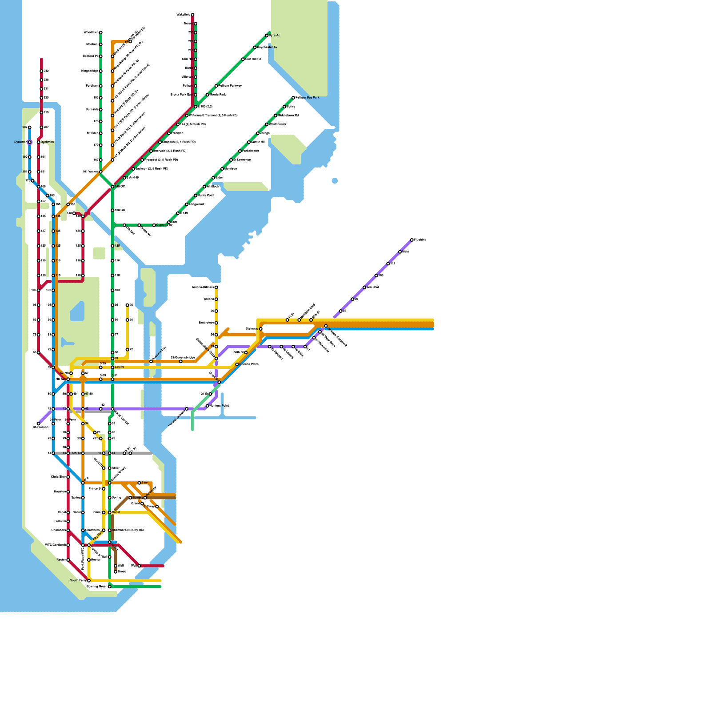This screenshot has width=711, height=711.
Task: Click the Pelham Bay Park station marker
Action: [x=293, y=98]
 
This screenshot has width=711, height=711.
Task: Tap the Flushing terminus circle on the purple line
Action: [x=412, y=240]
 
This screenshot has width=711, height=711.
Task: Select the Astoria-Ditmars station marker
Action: [x=216, y=288]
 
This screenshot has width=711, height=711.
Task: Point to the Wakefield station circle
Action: [x=192, y=15]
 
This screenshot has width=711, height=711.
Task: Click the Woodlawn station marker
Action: [x=101, y=32]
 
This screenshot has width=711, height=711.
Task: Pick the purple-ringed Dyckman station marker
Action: [x=30, y=142]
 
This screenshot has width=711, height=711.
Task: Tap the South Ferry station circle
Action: [x=89, y=581]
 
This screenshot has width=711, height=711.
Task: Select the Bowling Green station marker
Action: [x=110, y=587]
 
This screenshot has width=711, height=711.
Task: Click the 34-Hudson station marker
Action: [x=39, y=424]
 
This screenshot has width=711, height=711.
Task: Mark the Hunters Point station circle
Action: [x=208, y=406]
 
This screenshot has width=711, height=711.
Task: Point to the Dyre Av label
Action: [x=275, y=36]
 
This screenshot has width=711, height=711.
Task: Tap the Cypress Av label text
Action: [x=163, y=225]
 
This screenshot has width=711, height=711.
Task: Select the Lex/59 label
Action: [x=120, y=367]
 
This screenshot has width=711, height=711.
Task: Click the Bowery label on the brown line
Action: [x=138, y=498]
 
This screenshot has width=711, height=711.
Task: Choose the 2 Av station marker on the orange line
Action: [x=139, y=483]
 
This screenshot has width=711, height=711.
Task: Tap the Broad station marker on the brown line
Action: [x=116, y=572]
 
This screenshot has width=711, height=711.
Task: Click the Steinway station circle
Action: [x=261, y=329]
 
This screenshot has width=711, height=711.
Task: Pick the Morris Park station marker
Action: [x=208, y=95]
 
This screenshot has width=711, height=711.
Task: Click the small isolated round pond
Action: [x=335, y=180]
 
